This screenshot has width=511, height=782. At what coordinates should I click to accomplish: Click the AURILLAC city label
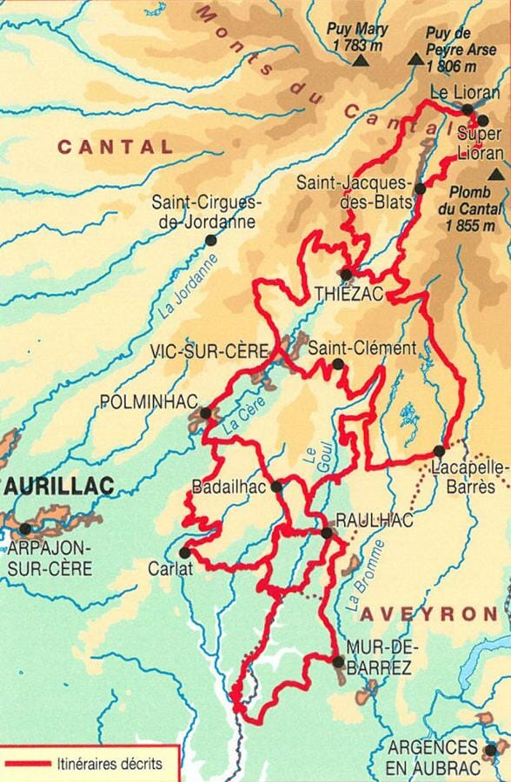click(x=59, y=487)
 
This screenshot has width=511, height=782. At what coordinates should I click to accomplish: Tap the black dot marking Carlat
click(x=184, y=552)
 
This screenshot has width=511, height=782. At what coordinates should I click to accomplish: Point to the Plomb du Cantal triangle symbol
click(x=496, y=175)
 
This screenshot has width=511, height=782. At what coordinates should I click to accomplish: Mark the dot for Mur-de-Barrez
click(x=338, y=662)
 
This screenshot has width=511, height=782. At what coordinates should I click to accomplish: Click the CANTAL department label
click(x=116, y=147)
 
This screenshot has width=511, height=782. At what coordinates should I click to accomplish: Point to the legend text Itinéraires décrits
click(x=108, y=765)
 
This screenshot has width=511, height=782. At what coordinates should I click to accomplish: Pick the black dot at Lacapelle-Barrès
click(x=439, y=451)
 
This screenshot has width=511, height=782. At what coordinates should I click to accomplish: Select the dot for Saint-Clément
click(x=337, y=363)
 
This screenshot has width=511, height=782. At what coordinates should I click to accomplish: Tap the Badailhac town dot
click(x=276, y=487)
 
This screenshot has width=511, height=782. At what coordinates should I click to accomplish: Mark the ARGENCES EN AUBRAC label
click(x=432, y=756)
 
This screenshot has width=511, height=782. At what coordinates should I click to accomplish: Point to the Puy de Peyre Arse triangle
click(x=416, y=60)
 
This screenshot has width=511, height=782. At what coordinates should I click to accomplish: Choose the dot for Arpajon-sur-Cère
click(x=25, y=528)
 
